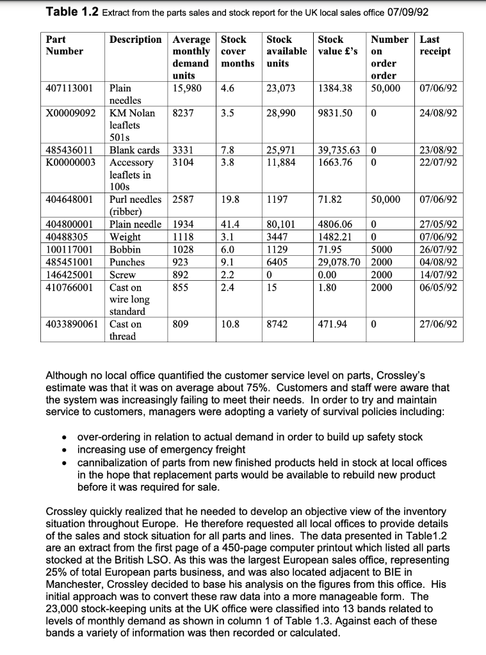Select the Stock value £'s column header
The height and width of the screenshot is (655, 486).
tap(337, 45)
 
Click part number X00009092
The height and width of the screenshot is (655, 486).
tap(71, 113)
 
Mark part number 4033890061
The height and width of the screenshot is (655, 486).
tap(72, 324)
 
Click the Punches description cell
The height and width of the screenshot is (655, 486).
tap(127, 262)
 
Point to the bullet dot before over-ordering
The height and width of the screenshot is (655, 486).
tap(65, 438)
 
